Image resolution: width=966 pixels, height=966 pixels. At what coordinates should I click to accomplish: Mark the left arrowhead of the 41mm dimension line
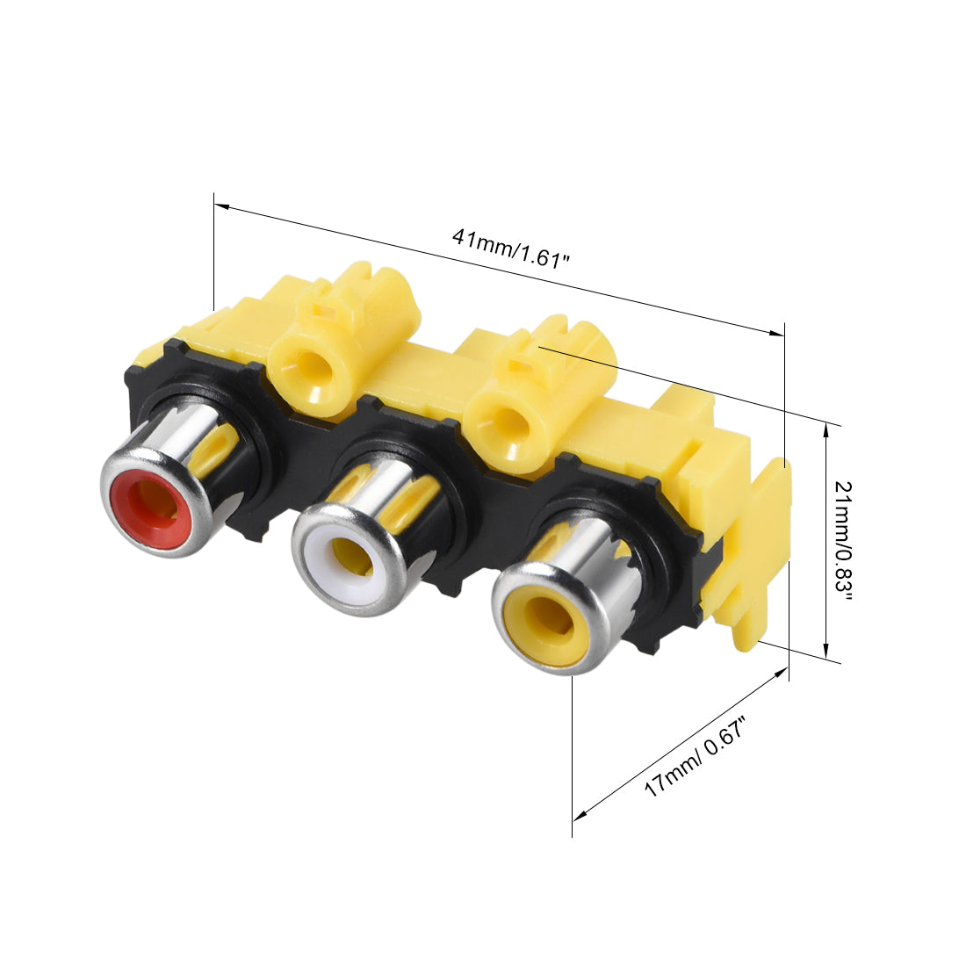222,206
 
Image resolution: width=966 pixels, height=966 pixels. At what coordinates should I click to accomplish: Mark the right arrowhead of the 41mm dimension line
776,333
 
